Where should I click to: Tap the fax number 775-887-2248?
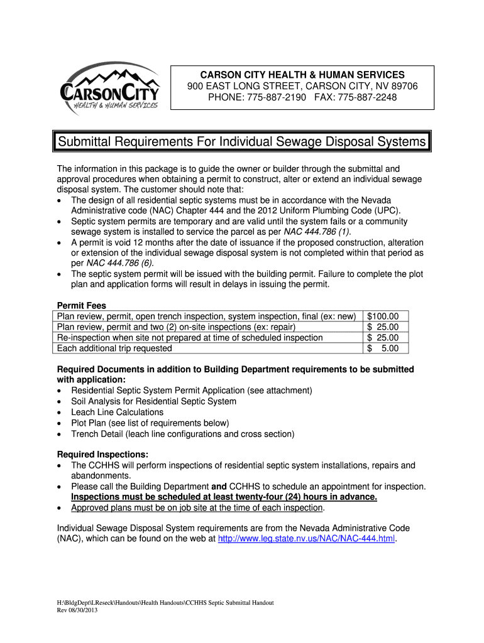click(367, 97)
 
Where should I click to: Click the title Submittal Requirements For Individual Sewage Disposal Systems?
click(241, 142)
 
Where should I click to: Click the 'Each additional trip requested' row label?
click(114, 348)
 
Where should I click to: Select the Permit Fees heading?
click(82, 306)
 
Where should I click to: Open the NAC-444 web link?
click(306, 539)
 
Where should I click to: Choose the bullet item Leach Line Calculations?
click(117, 412)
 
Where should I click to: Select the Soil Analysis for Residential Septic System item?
click(153, 401)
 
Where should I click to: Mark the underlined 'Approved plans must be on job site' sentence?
click(197, 507)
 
